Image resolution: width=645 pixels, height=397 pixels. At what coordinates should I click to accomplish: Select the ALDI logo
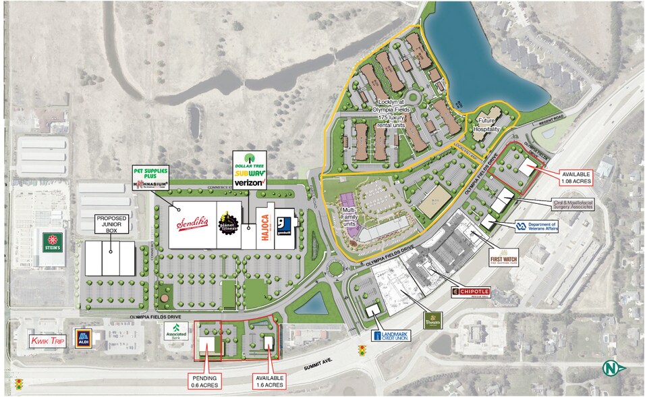point(84,338)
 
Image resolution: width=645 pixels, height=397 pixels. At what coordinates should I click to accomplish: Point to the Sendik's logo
point(191,223)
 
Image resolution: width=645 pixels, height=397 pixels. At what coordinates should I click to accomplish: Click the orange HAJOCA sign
point(265,231)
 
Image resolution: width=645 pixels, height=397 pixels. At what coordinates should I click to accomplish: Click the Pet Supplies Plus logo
point(150,173)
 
